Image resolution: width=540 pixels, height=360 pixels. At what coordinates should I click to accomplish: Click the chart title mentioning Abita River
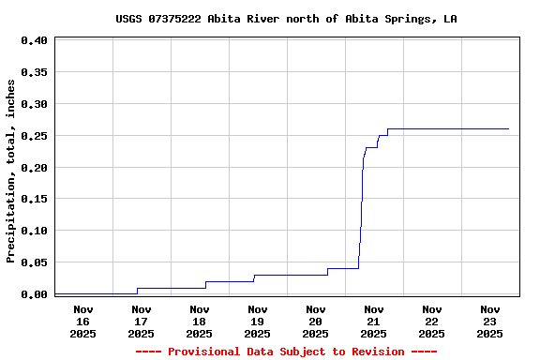tap(286, 19)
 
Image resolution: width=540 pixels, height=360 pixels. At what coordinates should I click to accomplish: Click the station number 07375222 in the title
tap(174, 19)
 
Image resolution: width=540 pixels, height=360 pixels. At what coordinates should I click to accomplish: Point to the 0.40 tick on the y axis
tap(34, 40)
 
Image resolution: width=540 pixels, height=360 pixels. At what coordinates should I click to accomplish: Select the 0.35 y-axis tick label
tap(34, 72)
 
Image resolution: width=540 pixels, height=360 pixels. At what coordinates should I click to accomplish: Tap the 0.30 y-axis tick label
tap(34, 104)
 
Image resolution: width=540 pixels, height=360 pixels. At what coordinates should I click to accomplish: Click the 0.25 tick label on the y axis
tap(34, 136)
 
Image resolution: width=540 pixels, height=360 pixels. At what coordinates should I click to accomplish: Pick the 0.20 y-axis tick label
tap(34, 168)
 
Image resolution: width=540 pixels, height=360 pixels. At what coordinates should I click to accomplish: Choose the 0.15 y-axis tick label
tap(34, 199)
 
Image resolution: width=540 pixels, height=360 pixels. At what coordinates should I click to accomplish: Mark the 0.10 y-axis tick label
tap(34, 231)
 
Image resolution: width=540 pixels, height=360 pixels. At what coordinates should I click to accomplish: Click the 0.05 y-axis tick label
tap(34, 262)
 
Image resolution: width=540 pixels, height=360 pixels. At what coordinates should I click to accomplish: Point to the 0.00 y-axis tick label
tap(34, 294)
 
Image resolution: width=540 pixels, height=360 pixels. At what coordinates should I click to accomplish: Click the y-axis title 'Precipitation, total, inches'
tap(11, 171)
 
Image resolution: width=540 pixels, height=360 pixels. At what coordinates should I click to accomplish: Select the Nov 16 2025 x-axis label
tap(83, 321)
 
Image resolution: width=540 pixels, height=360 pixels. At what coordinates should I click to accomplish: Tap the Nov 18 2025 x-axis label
tap(200, 321)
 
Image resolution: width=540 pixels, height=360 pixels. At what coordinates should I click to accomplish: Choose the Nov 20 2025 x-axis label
tap(316, 321)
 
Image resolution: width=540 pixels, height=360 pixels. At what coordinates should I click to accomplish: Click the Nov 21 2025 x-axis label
tap(374, 321)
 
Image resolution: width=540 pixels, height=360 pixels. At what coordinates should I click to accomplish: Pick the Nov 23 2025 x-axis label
tap(490, 321)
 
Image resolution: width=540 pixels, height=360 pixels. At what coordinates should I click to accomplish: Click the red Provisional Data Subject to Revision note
tap(286, 352)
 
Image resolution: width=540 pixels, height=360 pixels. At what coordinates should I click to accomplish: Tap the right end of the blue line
tap(508, 128)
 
